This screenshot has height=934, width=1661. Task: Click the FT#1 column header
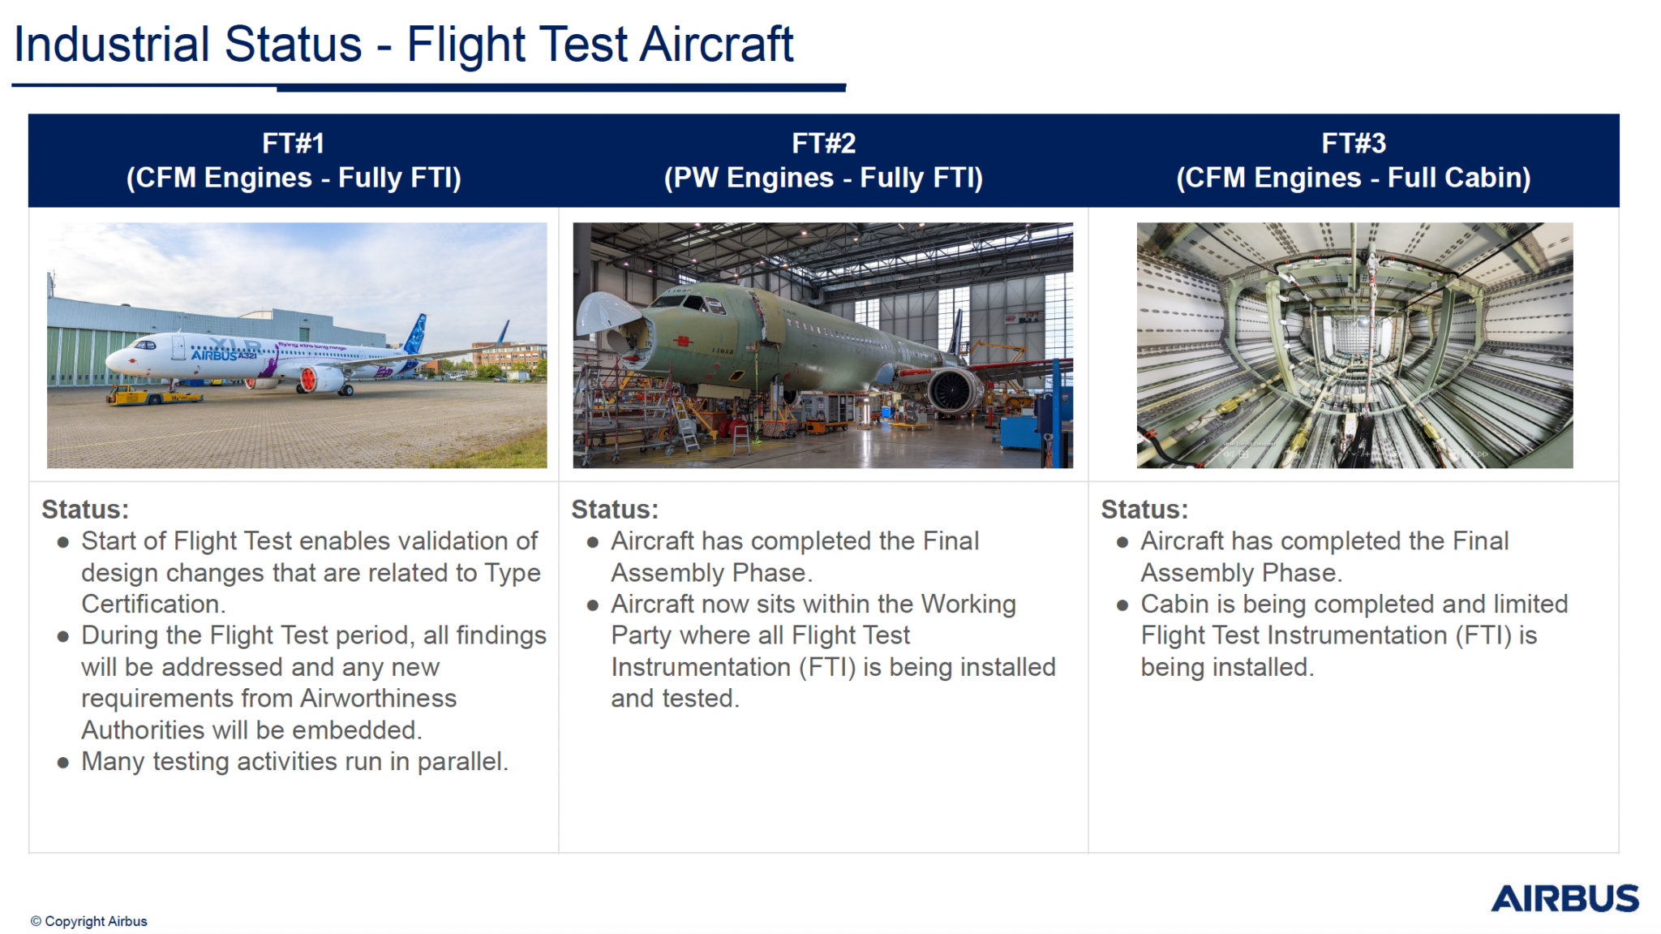click(x=294, y=161)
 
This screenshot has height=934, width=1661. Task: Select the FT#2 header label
click(x=823, y=144)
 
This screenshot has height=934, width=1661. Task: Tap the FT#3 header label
click(x=1354, y=144)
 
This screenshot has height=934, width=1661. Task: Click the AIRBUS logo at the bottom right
click(x=1564, y=898)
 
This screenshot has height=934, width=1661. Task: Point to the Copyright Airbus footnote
click(x=89, y=921)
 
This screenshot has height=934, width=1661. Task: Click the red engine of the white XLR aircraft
click(x=309, y=378)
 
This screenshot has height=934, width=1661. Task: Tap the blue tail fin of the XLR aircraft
click(x=416, y=333)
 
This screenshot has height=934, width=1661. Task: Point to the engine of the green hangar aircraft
click(x=954, y=391)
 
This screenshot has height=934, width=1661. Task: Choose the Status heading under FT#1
click(x=85, y=510)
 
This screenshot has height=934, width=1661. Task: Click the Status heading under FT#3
click(x=1144, y=510)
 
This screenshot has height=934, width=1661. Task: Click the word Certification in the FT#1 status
click(x=153, y=604)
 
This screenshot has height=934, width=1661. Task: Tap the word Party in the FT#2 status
click(x=642, y=635)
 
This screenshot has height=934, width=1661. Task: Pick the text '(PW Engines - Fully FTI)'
click(x=823, y=178)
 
